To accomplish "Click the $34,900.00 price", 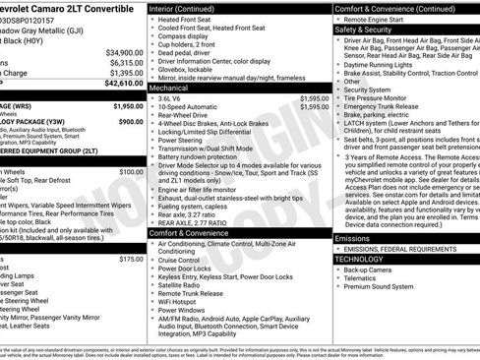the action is pos(124,52).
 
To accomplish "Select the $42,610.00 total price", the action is pos(124,84).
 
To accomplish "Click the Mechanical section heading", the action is pos(175,87).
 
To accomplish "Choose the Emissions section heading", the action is pos(353,238).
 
